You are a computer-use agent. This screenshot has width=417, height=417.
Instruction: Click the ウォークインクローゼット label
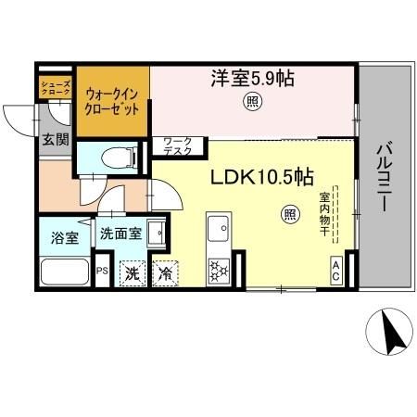tap(112, 100)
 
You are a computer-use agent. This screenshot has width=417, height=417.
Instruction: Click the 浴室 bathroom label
tap(64, 235)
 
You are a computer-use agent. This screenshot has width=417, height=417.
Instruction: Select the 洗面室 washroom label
tap(120, 234)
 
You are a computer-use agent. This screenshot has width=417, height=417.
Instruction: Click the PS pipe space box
tap(103, 272)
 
